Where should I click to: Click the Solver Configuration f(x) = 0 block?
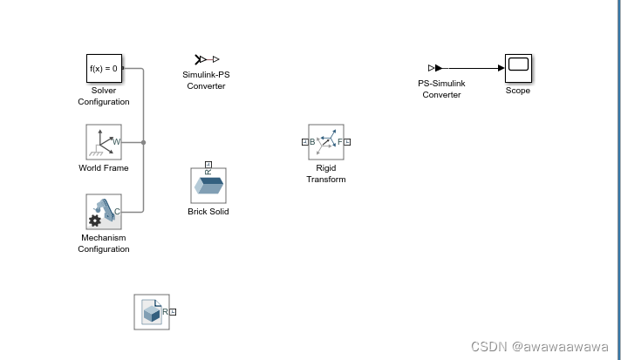[x=104, y=68]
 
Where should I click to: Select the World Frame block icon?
[x=104, y=141]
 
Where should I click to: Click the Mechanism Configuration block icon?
[x=104, y=212]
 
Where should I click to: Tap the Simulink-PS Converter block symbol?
[x=207, y=59]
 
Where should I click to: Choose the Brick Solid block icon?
[x=208, y=186]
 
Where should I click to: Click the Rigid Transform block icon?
[x=325, y=142]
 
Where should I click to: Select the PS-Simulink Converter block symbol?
[x=436, y=67]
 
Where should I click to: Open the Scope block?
[x=518, y=67]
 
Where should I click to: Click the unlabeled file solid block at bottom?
[x=151, y=312]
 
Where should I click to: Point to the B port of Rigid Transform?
[x=305, y=142]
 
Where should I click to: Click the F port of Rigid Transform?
[x=347, y=142]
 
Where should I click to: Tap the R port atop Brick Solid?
[x=208, y=164]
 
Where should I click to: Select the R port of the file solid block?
[x=173, y=311]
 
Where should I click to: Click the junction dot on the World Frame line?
[x=143, y=141]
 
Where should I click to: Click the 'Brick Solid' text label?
[x=208, y=211]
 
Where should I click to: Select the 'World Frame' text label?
[x=104, y=168]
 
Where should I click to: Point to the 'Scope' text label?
[x=518, y=91]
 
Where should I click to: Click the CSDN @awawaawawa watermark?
[x=539, y=347]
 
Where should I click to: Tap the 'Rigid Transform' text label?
[x=325, y=173]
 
